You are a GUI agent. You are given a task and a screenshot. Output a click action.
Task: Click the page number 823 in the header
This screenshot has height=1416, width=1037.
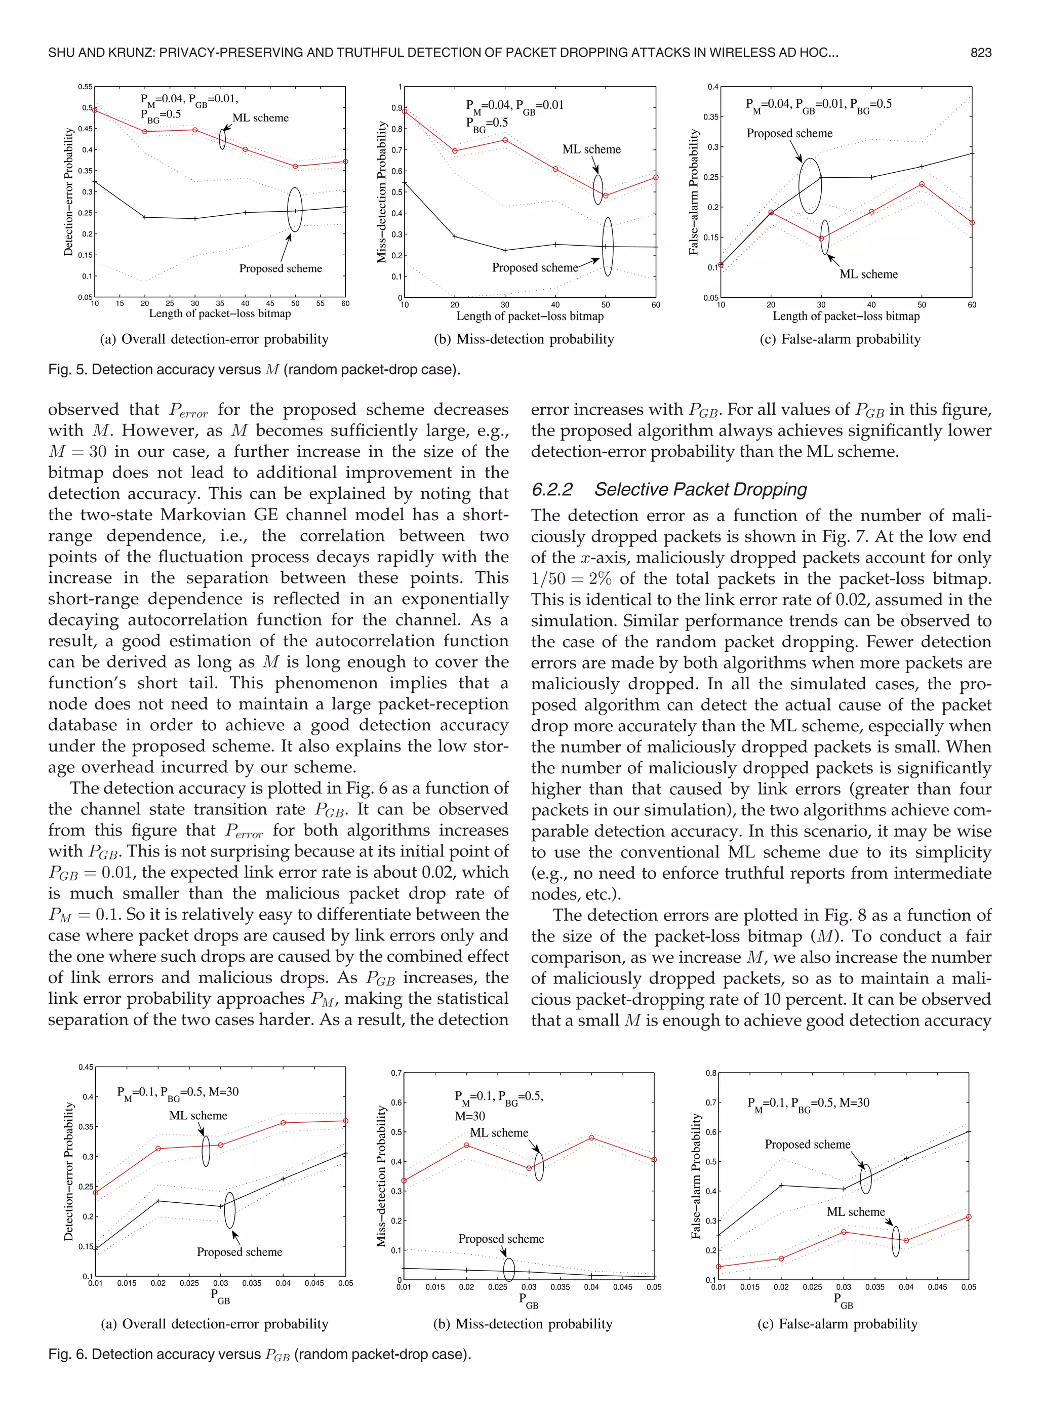click(980, 53)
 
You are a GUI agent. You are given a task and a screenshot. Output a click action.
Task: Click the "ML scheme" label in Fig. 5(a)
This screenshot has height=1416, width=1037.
click(260, 118)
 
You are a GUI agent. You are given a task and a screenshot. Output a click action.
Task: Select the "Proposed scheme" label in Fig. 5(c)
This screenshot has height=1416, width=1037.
click(789, 134)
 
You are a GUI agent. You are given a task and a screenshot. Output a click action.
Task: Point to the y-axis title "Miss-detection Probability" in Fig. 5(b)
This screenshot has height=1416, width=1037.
click(382, 192)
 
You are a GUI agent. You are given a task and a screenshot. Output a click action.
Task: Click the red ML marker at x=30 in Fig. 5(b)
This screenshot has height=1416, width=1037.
click(505, 140)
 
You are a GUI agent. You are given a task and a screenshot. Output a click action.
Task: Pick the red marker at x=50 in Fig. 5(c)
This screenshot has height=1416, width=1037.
click(922, 184)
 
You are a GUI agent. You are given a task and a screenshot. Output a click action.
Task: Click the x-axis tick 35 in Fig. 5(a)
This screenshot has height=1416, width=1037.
click(220, 304)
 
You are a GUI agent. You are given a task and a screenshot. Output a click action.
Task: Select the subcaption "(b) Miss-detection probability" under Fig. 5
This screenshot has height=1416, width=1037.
click(524, 339)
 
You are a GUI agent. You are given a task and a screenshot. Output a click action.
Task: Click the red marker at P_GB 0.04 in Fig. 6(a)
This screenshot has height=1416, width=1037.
click(283, 1123)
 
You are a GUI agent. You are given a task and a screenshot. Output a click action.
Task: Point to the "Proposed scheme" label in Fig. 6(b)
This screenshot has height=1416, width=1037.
click(501, 1239)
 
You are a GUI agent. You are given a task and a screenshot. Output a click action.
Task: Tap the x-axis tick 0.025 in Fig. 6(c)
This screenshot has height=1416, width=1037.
click(812, 1287)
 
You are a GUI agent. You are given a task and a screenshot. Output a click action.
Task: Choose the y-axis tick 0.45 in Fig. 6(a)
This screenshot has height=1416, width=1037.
click(86, 1067)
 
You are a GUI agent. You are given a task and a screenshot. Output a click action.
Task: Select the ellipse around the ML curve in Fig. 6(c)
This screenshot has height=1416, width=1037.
click(895, 1241)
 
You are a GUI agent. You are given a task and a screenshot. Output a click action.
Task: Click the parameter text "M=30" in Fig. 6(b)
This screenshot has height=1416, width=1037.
click(470, 1117)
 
